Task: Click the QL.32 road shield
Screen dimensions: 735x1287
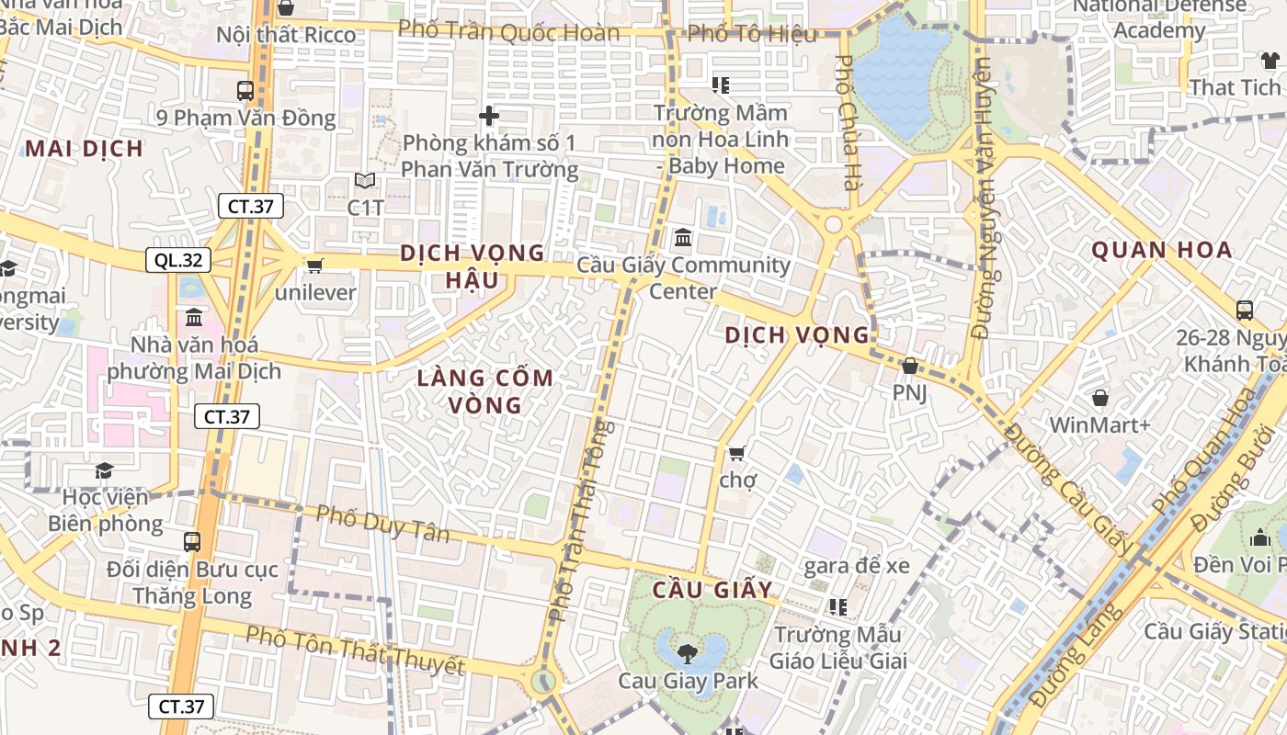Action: (178, 260)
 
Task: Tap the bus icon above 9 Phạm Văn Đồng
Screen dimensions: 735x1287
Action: (245, 91)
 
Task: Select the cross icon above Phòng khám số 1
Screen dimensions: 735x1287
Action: (489, 116)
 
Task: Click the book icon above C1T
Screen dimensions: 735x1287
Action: (365, 181)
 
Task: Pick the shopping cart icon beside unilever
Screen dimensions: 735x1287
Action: (314, 266)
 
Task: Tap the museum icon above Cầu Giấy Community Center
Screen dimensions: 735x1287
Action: (683, 238)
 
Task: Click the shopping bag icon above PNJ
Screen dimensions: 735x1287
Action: (910, 366)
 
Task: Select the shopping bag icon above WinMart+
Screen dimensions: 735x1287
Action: (1099, 398)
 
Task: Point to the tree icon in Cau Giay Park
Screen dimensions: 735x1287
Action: (686, 653)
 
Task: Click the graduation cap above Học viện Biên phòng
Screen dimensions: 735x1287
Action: (105, 470)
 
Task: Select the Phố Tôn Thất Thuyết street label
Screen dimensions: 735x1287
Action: (355, 650)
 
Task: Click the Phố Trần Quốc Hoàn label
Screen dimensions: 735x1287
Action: (509, 32)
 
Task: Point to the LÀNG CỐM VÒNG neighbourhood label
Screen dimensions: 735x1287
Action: (485, 390)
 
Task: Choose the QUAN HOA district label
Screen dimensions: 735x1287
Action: (1162, 250)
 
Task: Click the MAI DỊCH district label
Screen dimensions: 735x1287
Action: (84, 149)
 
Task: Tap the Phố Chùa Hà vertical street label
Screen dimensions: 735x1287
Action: (845, 121)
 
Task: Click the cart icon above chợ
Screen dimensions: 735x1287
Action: (736, 453)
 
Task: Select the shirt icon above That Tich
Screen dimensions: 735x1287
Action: (1270, 61)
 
